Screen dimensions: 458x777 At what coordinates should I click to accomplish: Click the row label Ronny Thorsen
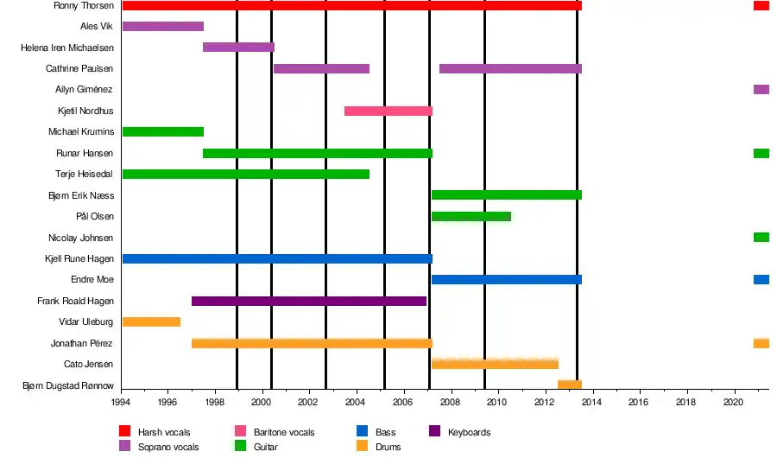(84, 6)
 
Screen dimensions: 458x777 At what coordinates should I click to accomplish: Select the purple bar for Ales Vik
(163, 26)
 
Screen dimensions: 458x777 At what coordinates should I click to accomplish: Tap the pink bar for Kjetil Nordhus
(388, 111)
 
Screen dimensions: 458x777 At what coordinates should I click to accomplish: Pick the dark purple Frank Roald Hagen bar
(309, 301)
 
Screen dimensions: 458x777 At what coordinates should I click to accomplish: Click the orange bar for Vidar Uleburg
(151, 321)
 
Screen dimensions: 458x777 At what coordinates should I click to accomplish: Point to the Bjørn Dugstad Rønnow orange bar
(569, 385)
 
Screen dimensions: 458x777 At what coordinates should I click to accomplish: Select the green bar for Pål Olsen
(471, 216)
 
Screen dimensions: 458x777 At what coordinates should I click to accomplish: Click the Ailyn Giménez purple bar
(761, 89)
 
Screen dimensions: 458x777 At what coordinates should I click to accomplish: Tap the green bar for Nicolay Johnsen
(761, 237)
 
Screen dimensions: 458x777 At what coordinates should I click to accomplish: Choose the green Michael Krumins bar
(163, 131)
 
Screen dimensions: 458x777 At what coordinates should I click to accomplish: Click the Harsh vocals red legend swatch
(124, 432)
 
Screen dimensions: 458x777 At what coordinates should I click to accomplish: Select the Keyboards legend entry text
(469, 432)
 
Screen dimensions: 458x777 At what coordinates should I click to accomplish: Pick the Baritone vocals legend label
(284, 432)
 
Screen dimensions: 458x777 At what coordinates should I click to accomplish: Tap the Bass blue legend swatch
(362, 432)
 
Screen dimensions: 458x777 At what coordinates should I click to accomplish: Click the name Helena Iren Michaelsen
(67, 48)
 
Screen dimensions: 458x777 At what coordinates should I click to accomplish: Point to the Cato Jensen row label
(89, 364)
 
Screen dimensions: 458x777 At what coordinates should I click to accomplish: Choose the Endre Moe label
(92, 280)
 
